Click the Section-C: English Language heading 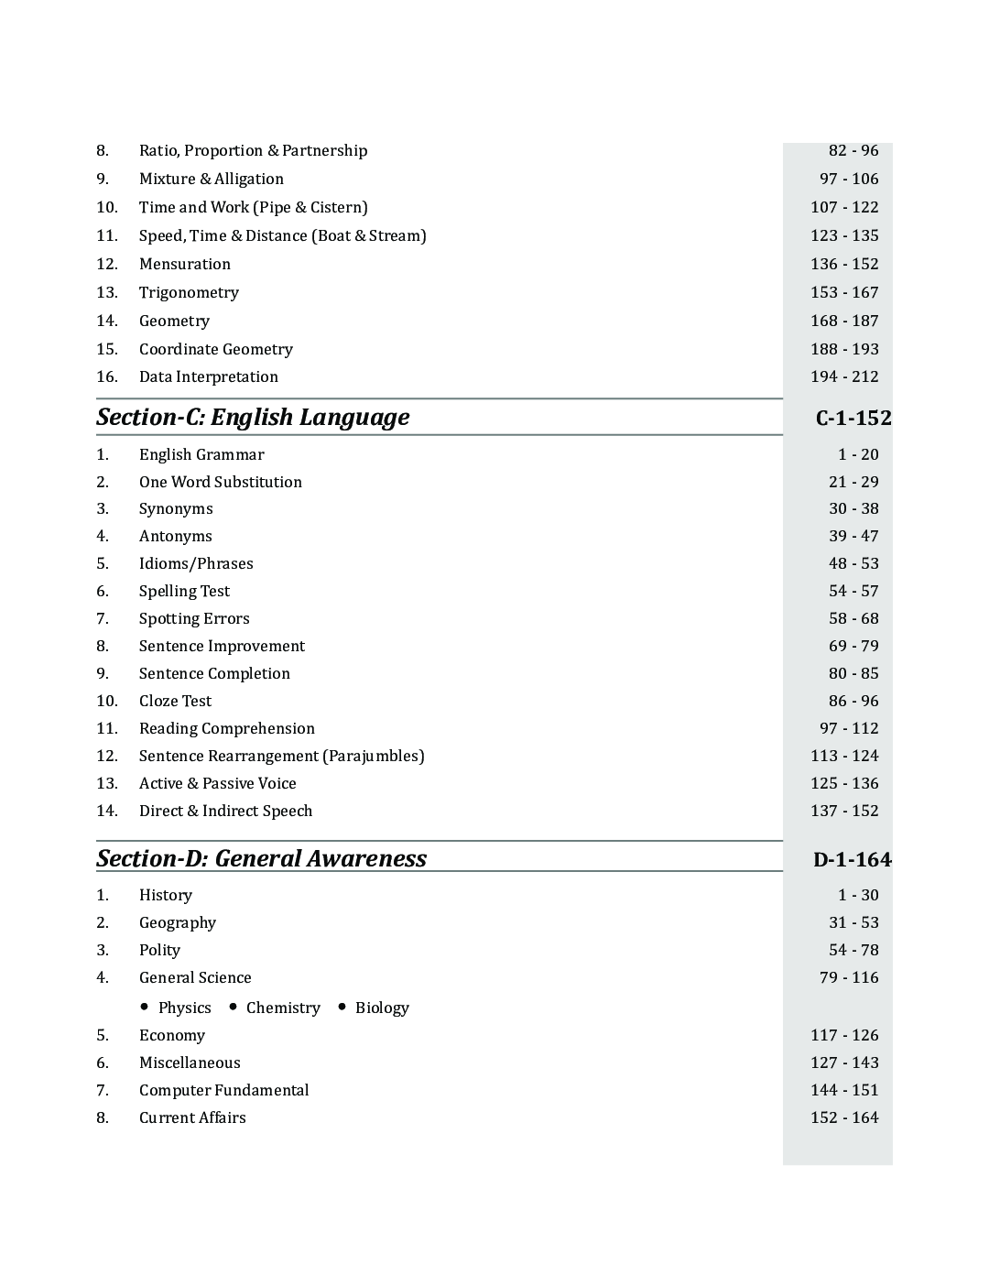click(x=253, y=418)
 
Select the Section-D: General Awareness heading click(x=261, y=858)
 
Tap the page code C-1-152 click(x=853, y=419)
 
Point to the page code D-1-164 click(x=852, y=860)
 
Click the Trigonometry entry click(x=189, y=292)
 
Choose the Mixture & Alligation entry click(x=211, y=179)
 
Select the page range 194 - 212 click(x=843, y=376)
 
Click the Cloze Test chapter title click(x=175, y=701)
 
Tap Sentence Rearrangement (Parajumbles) click(x=281, y=756)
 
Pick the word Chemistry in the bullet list click(x=283, y=1008)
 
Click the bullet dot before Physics click(x=145, y=1007)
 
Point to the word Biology click(x=382, y=1008)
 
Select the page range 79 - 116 click(x=848, y=977)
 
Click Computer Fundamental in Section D click(x=223, y=1090)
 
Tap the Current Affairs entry click(x=192, y=1117)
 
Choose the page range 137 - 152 click(x=843, y=811)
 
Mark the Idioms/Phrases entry click(x=196, y=563)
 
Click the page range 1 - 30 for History click(x=857, y=895)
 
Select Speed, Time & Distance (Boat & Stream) click(x=282, y=235)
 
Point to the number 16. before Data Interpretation click(x=107, y=376)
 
